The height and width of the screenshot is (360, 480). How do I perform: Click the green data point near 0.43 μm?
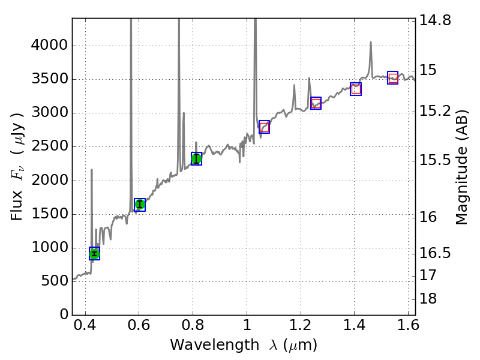tap(94, 253)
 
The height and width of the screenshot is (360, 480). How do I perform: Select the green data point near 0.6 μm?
tap(140, 205)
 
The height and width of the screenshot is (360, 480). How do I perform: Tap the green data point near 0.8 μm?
tap(196, 158)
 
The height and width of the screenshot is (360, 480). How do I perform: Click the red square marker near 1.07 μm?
tap(264, 127)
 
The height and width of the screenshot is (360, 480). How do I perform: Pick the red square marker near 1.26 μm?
tap(316, 103)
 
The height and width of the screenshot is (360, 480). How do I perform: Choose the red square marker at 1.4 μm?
tap(356, 89)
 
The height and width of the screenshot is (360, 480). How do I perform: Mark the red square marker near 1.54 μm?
tap(393, 77)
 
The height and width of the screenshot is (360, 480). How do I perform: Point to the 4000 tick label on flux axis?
tap(50, 46)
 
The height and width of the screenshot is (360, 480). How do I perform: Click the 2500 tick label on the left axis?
tap(50, 147)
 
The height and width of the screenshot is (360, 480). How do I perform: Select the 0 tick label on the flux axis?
tap(63, 315)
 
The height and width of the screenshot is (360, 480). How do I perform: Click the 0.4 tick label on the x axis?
tap(85, 328)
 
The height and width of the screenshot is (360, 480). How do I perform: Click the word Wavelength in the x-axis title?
tap(203, 345)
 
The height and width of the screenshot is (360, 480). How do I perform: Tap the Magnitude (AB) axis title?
tap(461, 167)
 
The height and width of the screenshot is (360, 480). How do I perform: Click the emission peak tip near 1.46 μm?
tap(371, 42)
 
